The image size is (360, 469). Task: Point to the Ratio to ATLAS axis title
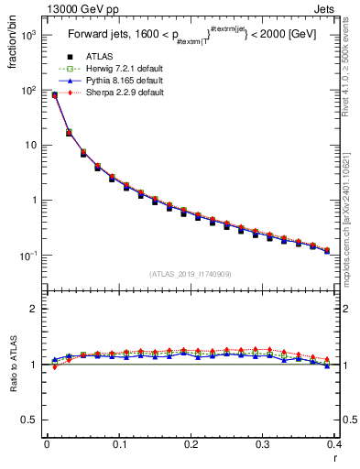(13, 363)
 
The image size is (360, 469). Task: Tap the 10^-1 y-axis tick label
(27, 255)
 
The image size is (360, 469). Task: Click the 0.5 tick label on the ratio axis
(30, 420)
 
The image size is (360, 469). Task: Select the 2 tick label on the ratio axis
(35, 309)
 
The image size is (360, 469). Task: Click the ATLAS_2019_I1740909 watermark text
(190, 274)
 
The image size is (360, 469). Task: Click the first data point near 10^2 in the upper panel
(54, 94)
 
